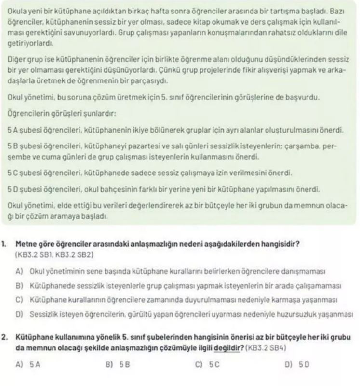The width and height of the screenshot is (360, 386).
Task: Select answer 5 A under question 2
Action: click(30, 365)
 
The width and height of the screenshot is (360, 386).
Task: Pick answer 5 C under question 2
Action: click(211, 365)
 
